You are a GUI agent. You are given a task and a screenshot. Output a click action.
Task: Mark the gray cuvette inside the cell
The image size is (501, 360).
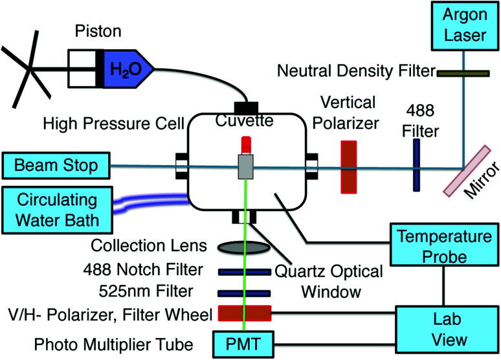tap(245, 166)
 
